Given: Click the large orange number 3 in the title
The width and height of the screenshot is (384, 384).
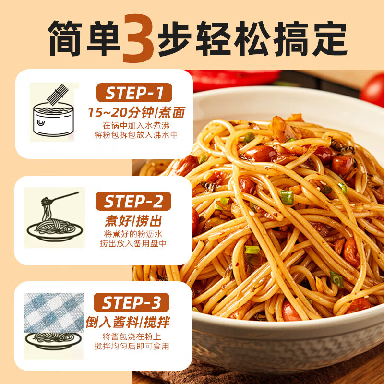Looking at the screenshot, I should [141, 37].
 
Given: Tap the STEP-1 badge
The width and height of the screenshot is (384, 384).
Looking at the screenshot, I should [134, 93].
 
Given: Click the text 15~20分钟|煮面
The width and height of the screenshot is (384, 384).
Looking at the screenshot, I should [136, 113].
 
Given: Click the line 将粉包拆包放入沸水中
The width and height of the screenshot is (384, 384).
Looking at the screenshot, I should [136, 135].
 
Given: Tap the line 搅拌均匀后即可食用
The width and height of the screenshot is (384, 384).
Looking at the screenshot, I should [136, 346].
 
